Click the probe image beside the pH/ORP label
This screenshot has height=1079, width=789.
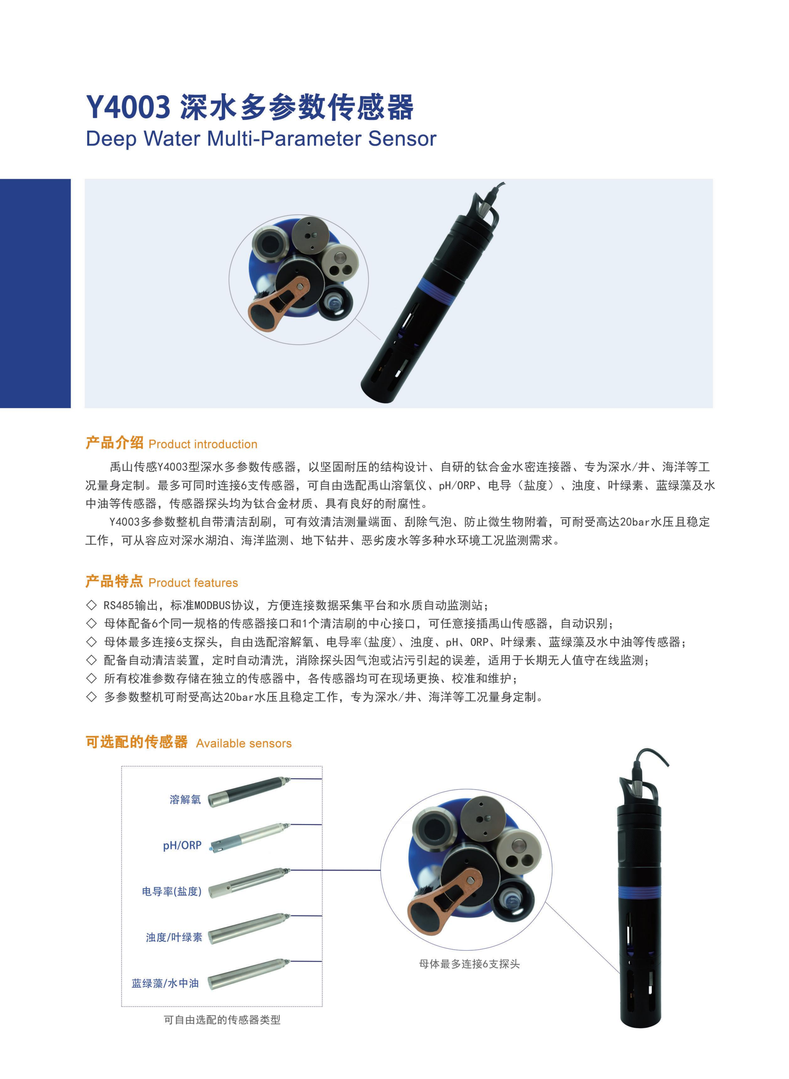248,838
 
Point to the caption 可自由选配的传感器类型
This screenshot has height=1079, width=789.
222,1020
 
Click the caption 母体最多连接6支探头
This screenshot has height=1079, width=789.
469,964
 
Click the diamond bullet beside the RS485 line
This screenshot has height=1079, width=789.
91,605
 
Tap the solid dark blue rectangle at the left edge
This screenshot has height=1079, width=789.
35,293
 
